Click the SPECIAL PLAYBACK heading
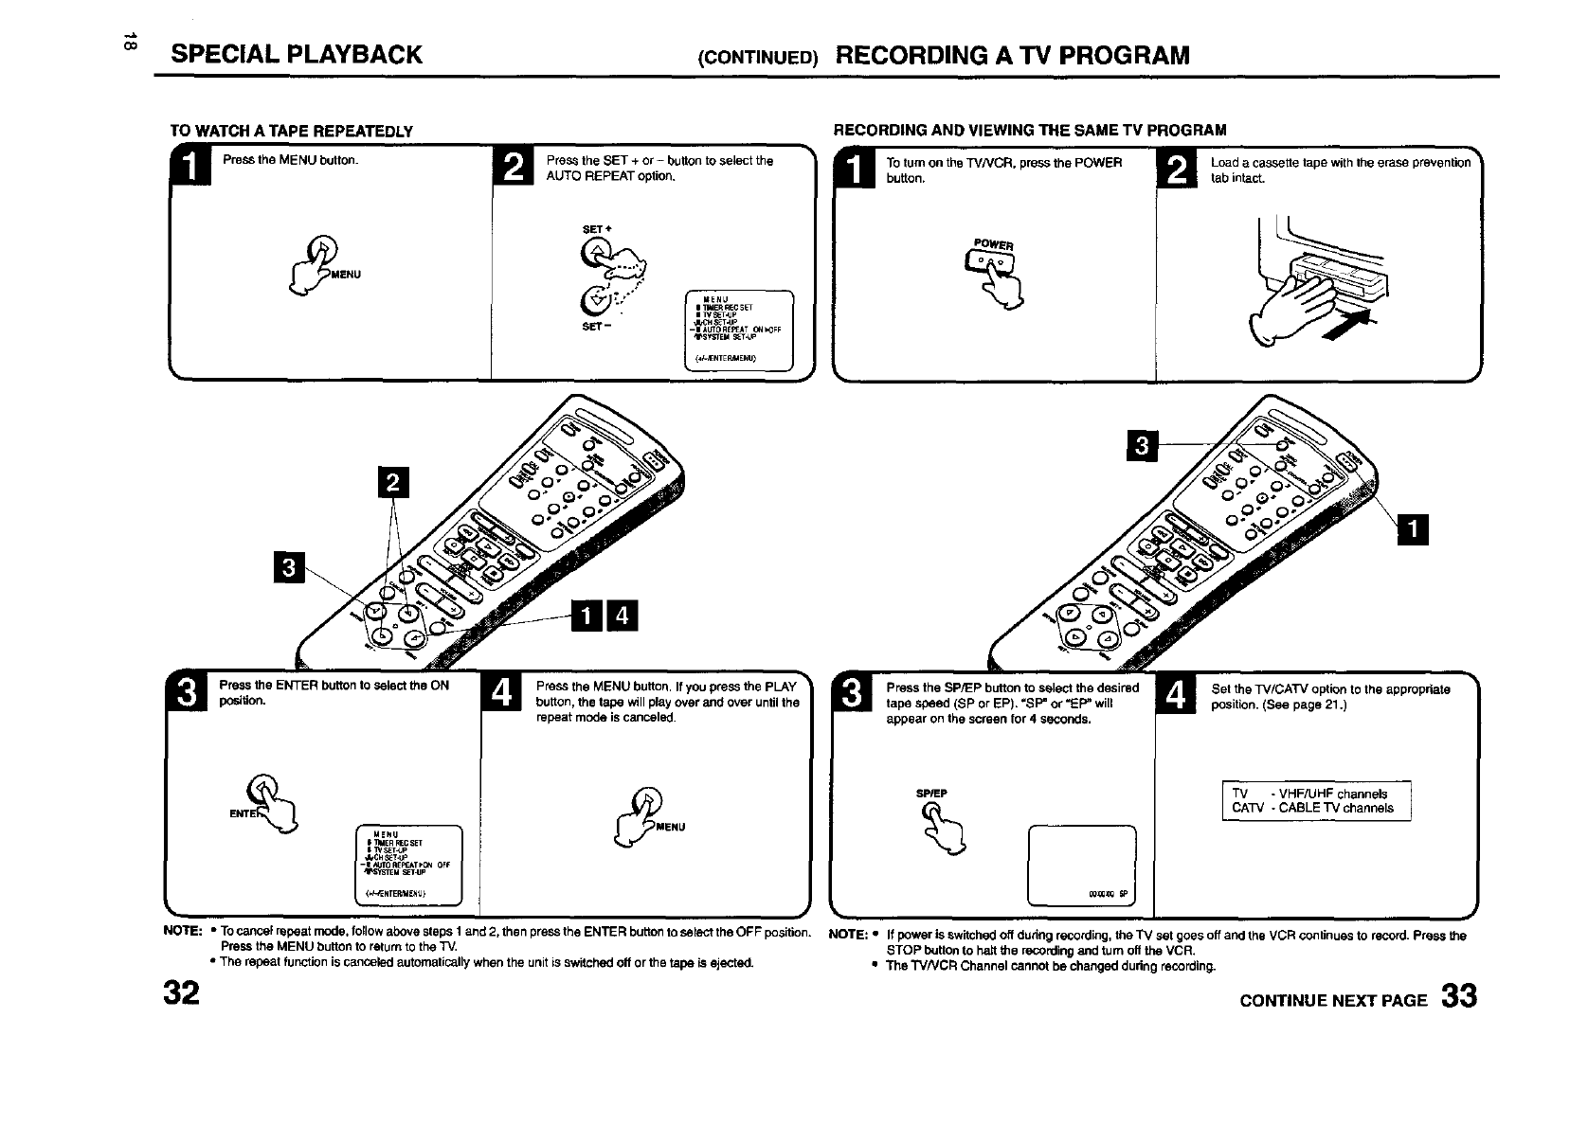tap(297, 55)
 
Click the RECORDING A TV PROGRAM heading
tap(1012, 55)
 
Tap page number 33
tap(1458, 998)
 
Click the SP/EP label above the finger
tap(932, 794)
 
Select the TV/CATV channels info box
tap(1316, 801)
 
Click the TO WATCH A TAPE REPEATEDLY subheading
tap(291, 130)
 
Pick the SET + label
tap(593, 229)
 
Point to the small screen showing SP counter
tap(1081, 866)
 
